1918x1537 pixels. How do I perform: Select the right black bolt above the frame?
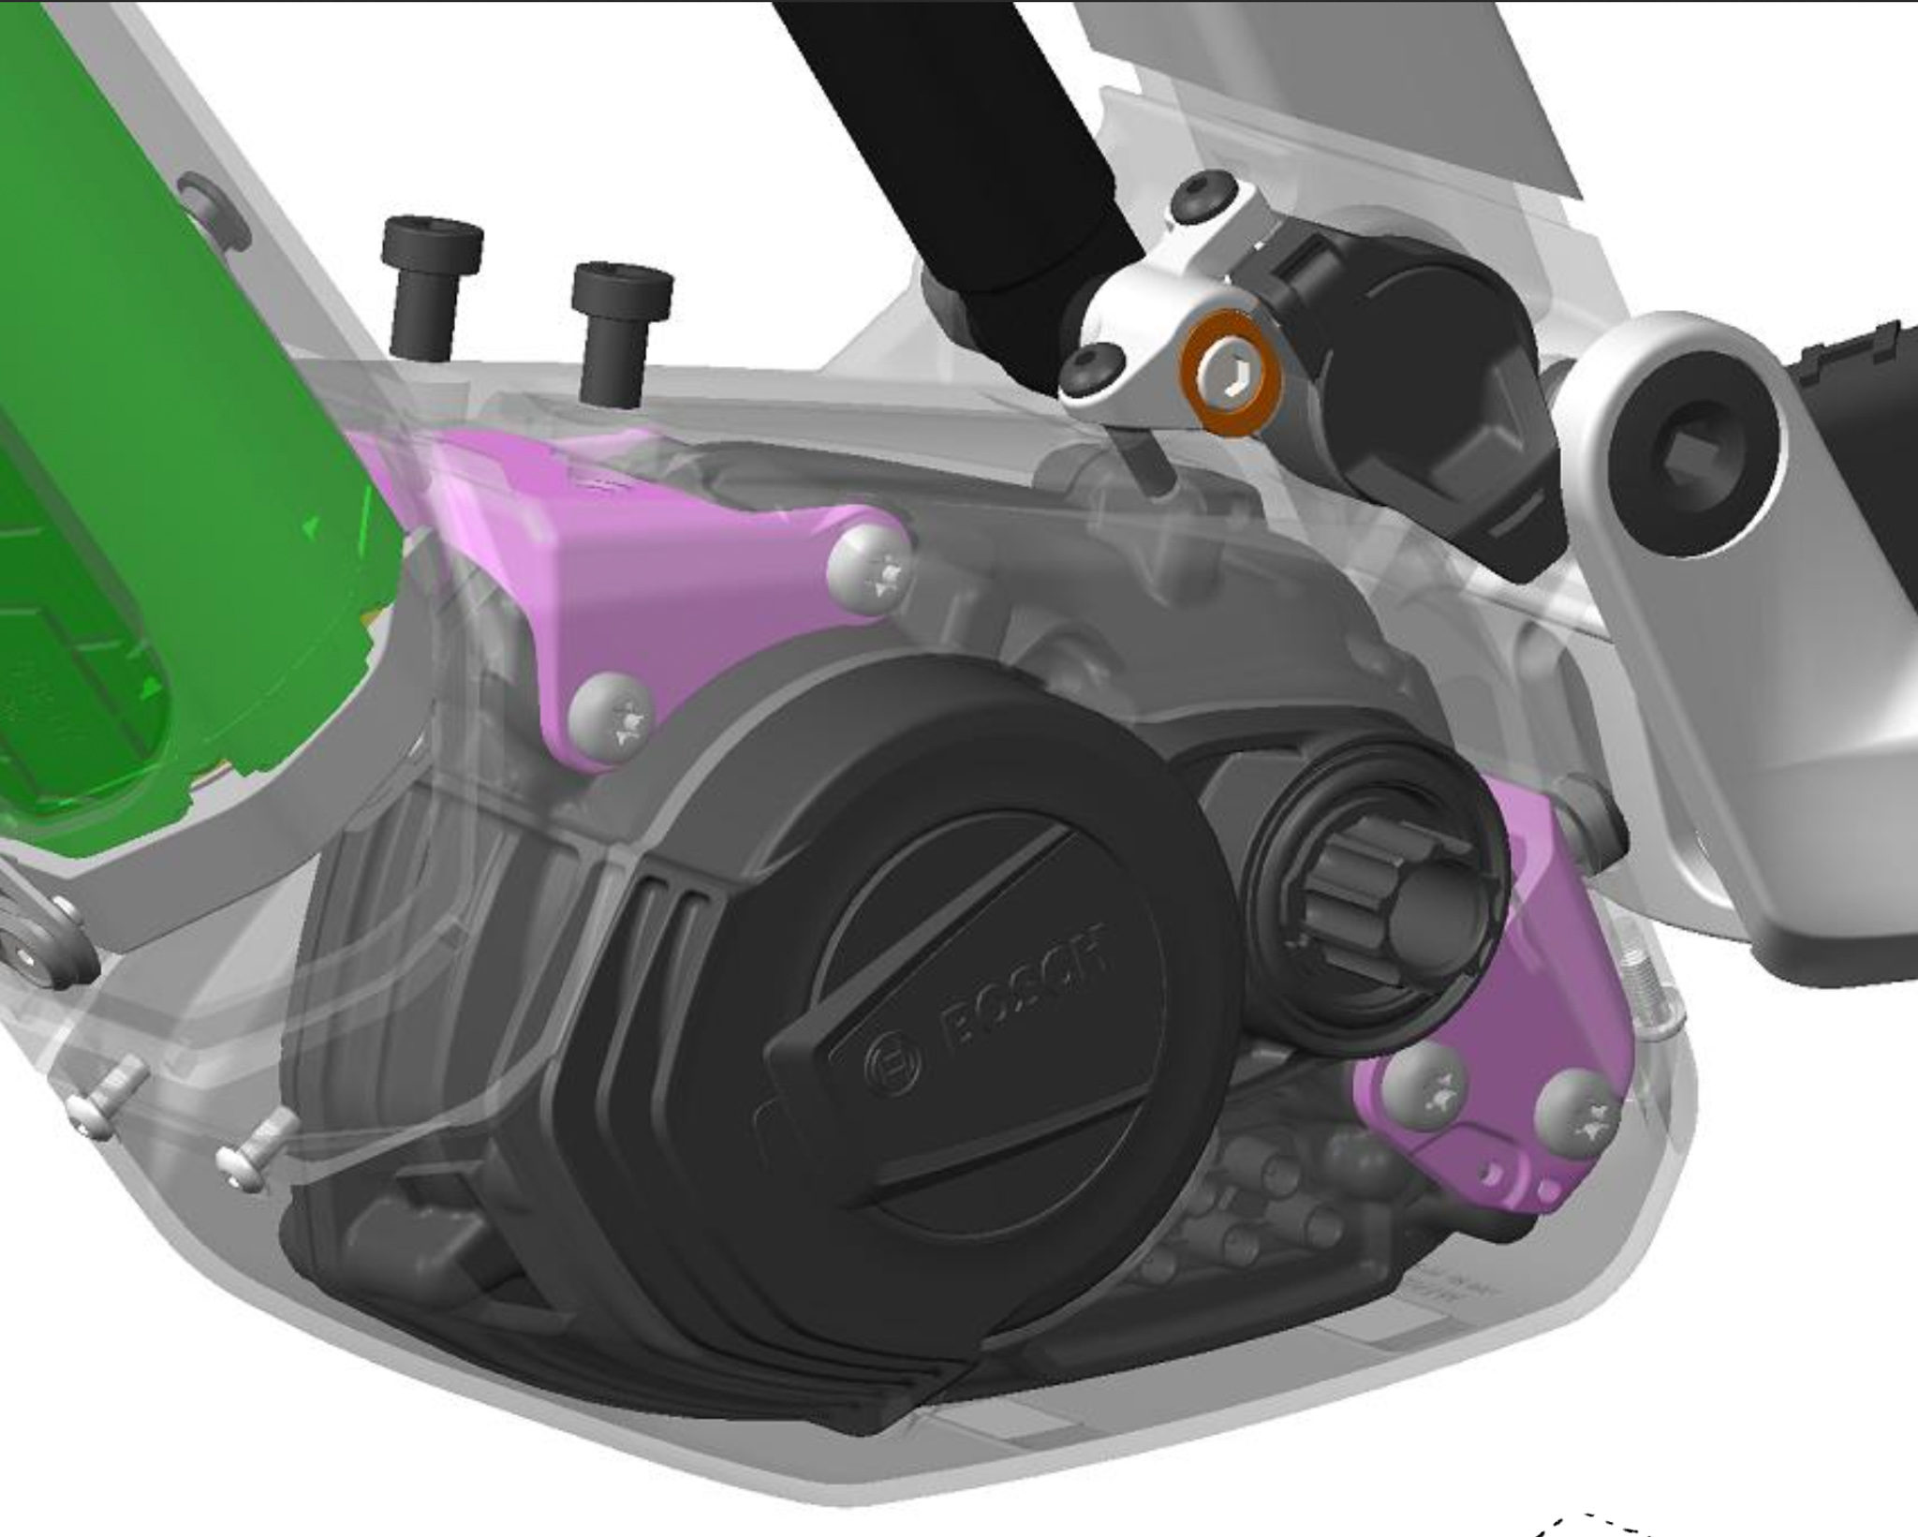621,333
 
